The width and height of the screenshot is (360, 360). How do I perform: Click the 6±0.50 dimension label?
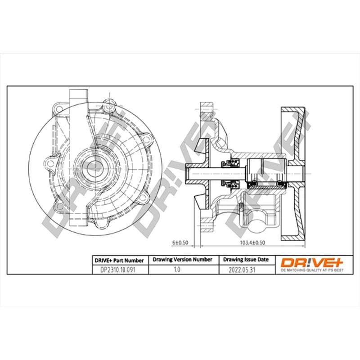(x=180, y=243)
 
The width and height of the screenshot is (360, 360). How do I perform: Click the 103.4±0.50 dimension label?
(x=252, y=243)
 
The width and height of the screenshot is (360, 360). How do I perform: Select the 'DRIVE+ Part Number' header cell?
(x=119, y=261)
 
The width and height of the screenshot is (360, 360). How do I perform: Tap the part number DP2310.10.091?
(x=118, y=270)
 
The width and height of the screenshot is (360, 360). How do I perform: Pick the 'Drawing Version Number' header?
(x=183, y=260)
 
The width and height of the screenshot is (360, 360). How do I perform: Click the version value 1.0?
(x=177, y=270)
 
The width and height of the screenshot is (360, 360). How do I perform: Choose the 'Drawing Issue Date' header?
(x=246, y=260)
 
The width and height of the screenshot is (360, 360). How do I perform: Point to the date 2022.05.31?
(x=242, y=270)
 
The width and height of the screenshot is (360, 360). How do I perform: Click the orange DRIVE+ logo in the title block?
(x=312, y=262)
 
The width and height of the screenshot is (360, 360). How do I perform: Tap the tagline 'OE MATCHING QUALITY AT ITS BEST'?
(x=312, y=270)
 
